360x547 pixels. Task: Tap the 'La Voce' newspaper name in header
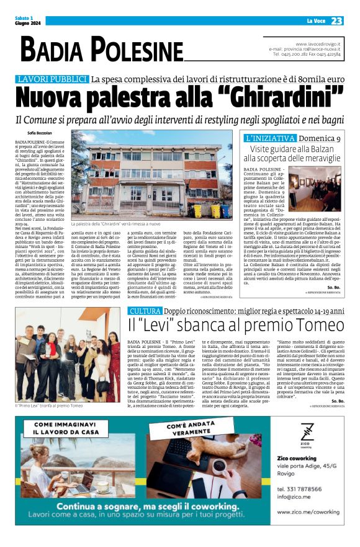[315, 22]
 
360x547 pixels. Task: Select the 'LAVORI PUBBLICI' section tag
[52, 79]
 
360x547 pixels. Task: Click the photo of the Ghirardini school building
[151, 169]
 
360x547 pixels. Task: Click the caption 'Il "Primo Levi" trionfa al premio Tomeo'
[50, 405]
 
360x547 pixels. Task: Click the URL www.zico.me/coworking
[308, 512]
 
